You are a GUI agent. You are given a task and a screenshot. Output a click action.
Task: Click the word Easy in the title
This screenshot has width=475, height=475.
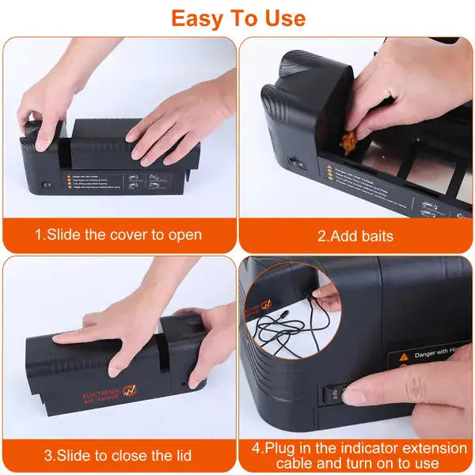199,18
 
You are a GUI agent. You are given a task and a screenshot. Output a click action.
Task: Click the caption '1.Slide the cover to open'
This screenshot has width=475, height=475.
118,234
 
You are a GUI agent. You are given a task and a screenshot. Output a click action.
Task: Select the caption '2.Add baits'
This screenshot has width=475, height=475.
355,236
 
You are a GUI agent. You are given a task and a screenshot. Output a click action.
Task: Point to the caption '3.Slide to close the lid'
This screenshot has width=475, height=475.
118,455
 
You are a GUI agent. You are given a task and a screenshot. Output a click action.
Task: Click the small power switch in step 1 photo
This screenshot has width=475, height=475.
47,184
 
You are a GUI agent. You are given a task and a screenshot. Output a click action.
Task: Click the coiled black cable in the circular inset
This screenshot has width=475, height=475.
285,325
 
